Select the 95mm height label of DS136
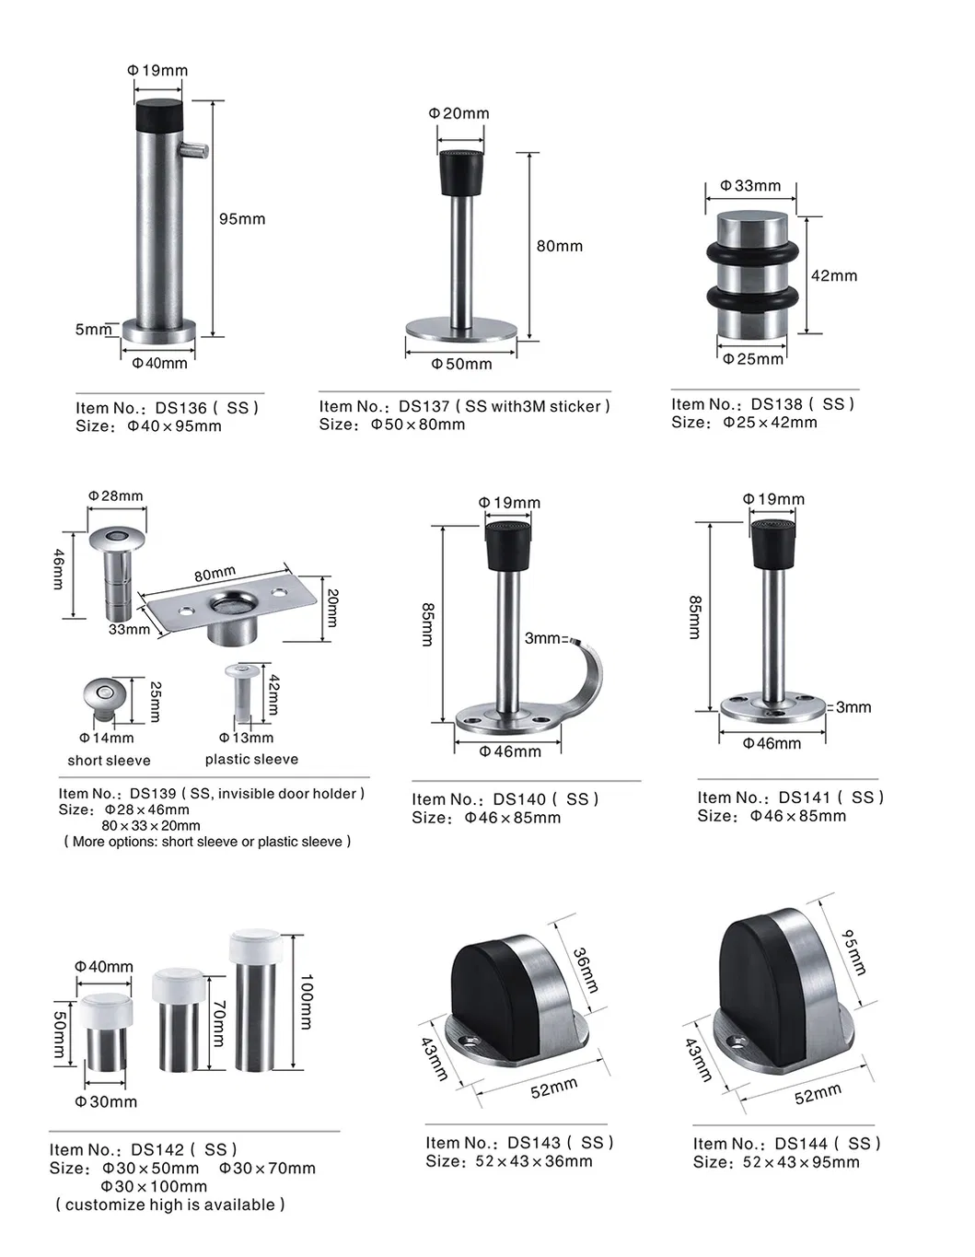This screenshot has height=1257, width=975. click(241, 219)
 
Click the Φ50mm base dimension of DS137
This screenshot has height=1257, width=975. click(461, 364)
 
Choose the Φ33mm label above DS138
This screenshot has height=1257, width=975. click(750, 185)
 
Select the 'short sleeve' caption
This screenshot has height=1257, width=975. click(109, 761)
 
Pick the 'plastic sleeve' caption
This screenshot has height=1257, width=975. click(251, 760)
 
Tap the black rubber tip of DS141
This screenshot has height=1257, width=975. click(774, 544)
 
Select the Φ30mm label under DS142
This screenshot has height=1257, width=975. click(106, 1101)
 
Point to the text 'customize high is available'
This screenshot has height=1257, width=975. click(170, 1205)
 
